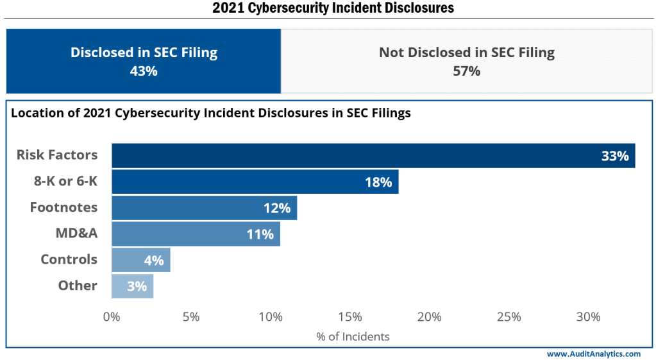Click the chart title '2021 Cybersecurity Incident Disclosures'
(333, 8)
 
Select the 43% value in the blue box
(144, 71)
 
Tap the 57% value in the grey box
(466, 71)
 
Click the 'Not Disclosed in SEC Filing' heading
(466, 53)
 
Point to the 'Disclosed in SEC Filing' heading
(144, 53)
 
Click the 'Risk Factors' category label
(57, 155)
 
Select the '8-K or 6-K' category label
(65, 181)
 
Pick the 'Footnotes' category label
(63, 207)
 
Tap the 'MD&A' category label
(76, 234)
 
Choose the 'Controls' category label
(69, 259)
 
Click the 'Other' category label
(78, 286)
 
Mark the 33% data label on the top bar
(614, 156)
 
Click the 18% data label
(378, 182)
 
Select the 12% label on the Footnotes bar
(276, 208)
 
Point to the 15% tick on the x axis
(350, 317)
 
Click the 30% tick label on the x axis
(588, 317)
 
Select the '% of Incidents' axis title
(353, 336)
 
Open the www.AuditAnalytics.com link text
(593, 354)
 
